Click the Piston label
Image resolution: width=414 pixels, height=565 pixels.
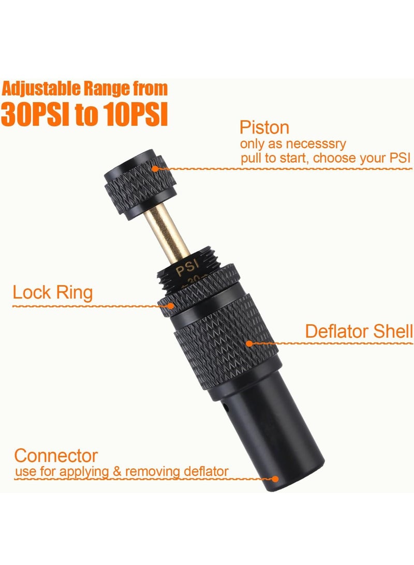[264, 128]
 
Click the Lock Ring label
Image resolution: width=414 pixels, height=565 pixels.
[53, 293]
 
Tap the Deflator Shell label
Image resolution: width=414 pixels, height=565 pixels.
[359, 331]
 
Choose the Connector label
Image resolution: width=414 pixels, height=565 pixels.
[56, 456]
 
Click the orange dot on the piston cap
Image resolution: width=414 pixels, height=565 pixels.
[154, 167]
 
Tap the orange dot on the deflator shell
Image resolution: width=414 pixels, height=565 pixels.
[249, 343]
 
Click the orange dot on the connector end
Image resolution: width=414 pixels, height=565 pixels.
[276, 479]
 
